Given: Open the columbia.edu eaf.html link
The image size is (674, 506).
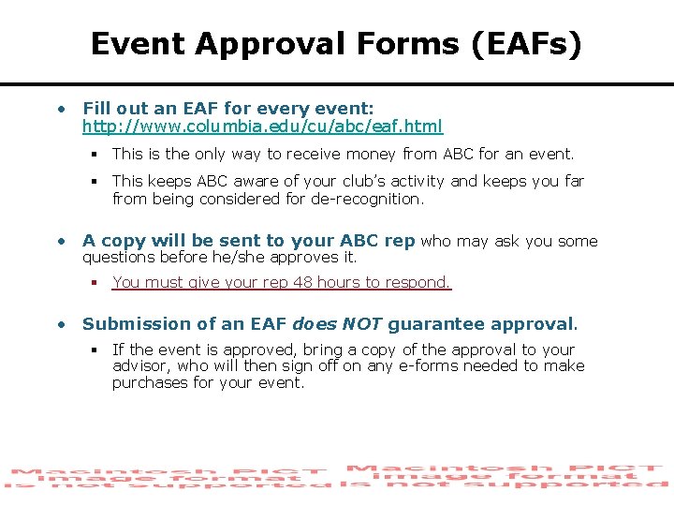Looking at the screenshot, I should (x=262, y=126).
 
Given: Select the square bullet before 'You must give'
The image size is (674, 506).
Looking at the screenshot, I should (x=95, y=282).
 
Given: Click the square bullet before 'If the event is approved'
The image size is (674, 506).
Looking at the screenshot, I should (x=95, y=350).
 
